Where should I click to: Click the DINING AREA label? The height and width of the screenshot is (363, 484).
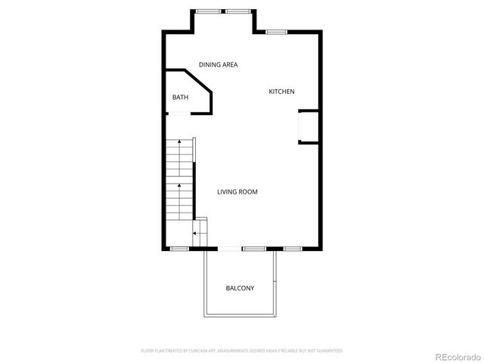(x=218, y=65)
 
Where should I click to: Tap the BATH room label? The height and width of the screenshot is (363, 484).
(x=180, y=97)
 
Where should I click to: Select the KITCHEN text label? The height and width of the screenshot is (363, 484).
(x=281, y=92)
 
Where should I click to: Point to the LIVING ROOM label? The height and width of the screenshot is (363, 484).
(x=237, y=192)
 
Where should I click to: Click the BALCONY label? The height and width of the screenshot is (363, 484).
(x=240, y=288)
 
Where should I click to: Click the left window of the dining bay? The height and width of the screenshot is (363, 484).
(x=206, y=11)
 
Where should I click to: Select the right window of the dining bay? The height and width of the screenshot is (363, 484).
(x=237, y=11)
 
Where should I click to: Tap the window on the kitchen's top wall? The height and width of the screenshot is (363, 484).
(x=276, y=32)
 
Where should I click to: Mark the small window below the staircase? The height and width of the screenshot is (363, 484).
(x=178, y=249)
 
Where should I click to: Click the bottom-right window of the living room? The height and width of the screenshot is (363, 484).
(x=293, y=249)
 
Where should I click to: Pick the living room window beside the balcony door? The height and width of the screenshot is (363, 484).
(x=253, y=249)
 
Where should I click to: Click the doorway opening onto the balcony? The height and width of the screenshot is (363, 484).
(x=229, y=249)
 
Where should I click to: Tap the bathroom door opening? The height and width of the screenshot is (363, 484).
(x=178, y=113)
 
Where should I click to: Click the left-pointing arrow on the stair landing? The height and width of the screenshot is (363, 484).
(x=195, y=234)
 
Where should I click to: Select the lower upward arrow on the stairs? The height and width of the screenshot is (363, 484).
(x=178, y=185)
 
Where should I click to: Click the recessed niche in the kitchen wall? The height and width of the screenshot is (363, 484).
(x=309, y=126)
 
